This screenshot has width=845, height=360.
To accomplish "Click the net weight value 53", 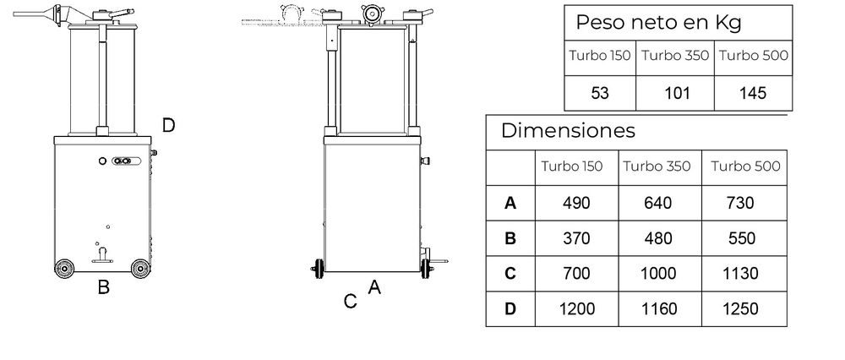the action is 600,93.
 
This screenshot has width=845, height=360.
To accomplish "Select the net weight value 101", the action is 677,93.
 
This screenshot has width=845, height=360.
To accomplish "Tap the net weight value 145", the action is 753,93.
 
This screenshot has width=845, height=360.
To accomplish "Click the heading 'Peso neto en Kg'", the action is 658,23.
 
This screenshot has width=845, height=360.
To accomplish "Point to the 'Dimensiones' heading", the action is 568,130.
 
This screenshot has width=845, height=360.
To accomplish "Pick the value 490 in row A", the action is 576,203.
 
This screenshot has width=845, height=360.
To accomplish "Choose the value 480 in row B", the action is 658,238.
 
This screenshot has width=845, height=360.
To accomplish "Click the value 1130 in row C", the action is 740,273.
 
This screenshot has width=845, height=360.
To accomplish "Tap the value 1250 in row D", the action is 740,308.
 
